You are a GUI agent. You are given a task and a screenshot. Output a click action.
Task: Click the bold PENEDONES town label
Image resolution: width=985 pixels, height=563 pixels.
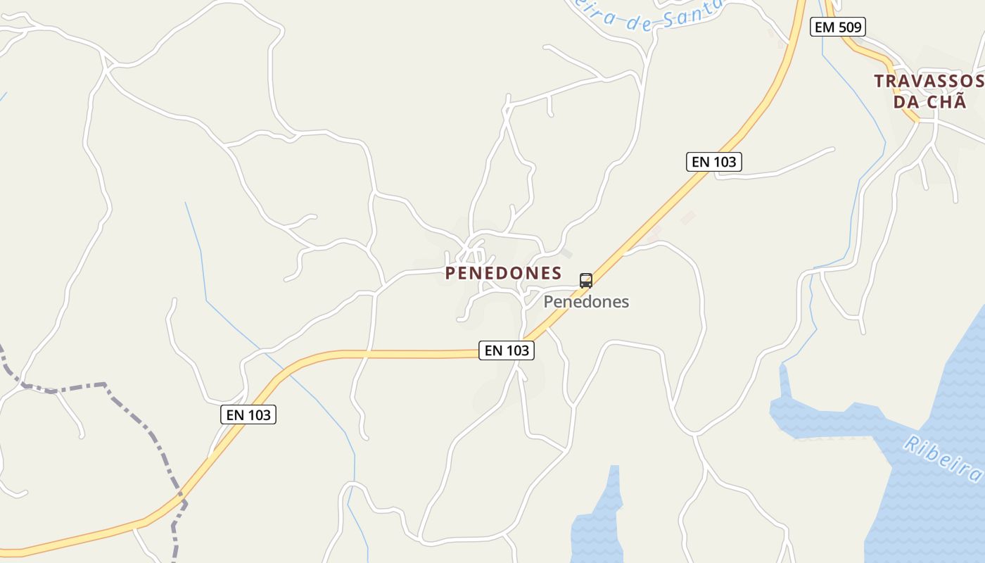(x=503, y=273)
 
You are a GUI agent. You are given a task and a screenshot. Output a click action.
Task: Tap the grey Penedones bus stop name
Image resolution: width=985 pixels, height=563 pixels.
(x=586, y=302)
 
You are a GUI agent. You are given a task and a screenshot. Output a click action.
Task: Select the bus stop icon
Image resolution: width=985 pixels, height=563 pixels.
(x=586, y=281)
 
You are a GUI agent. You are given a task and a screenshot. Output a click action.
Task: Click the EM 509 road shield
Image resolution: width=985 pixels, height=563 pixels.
(x=837, y=27)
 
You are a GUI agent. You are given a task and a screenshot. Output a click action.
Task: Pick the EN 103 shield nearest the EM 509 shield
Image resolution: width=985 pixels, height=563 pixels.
(x=714, y=162)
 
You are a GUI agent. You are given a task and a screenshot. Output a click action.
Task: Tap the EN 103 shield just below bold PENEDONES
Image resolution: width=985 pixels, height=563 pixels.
(x=507, y=350)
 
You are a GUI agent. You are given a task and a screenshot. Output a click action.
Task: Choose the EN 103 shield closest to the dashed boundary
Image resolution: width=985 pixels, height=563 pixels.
(x=249, y=415)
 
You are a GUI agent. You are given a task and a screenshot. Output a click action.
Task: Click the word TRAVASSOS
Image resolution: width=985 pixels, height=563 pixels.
(x=928, y=81)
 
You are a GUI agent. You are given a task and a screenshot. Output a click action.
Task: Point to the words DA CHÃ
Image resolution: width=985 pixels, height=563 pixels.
(x=929, y=101)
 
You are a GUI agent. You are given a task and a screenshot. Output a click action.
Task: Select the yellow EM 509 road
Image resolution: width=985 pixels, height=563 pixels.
(x=869, y=52)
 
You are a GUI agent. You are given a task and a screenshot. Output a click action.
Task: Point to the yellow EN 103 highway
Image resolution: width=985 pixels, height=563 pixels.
(x=394, y=354)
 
